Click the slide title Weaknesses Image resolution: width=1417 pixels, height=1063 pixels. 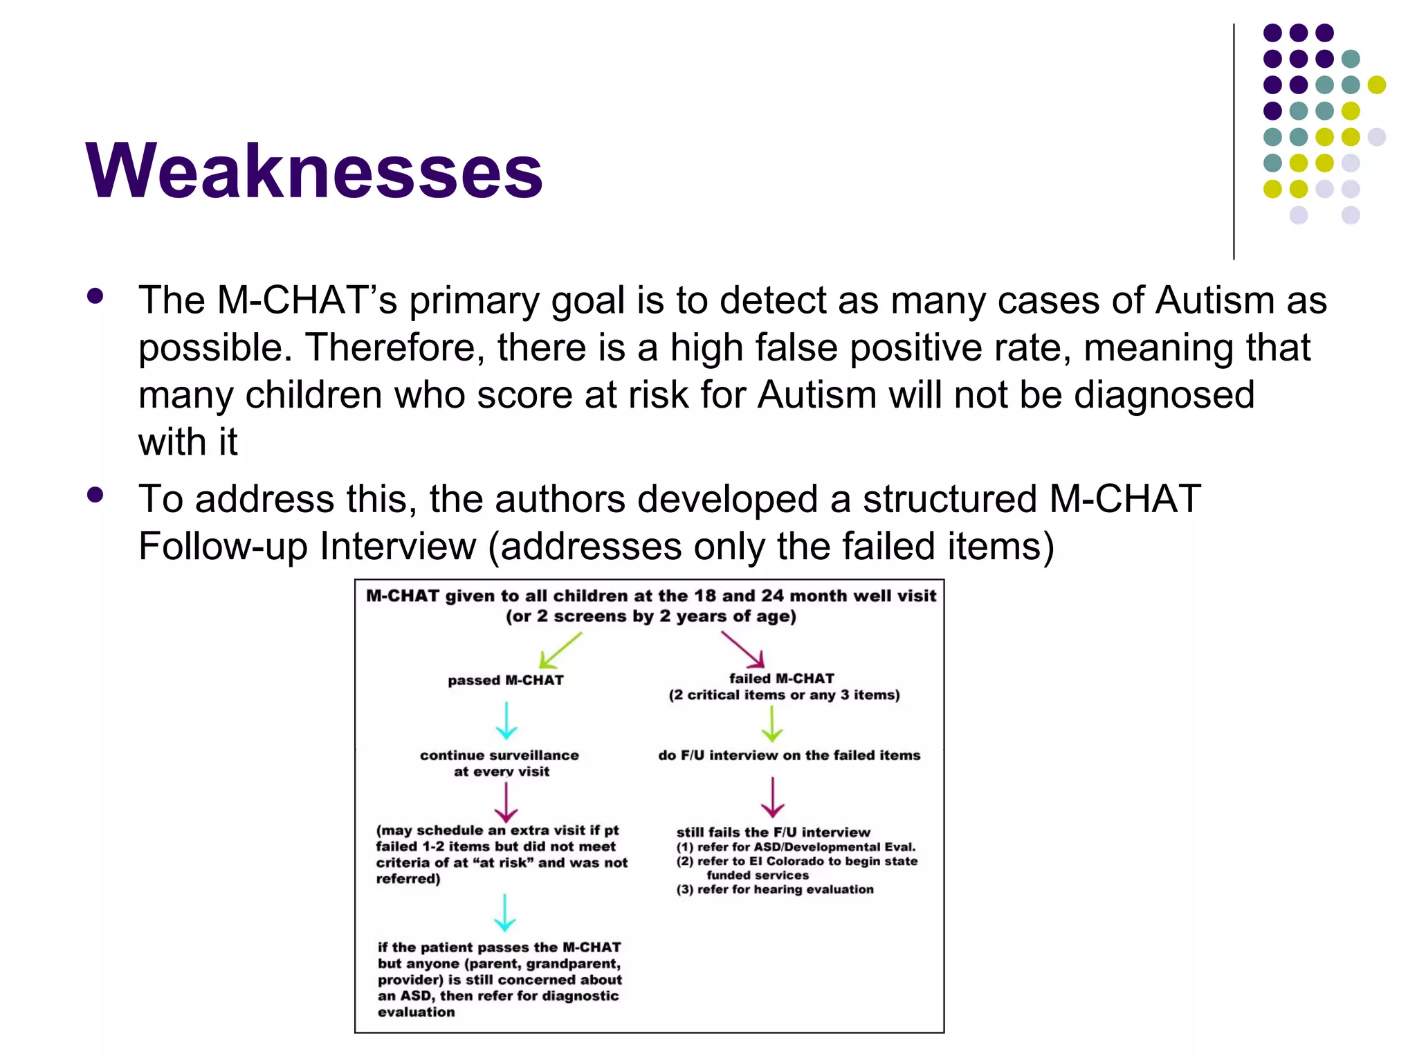tap(314, 171)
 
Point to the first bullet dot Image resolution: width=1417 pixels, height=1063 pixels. tap(95, 297)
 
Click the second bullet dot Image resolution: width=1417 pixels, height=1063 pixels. tap(95, 495)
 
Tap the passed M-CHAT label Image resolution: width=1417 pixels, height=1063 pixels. tap(506, 680)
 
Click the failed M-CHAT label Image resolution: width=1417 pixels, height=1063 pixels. tap(782, 679)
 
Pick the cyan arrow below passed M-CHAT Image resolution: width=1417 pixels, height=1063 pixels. tap(506, 720)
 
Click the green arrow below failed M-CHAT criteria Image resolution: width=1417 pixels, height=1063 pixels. tap(772, 724)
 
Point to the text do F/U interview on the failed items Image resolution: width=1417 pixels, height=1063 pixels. tap(789, 755)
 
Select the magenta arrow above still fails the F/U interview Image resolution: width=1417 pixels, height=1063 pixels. tap(772, 797)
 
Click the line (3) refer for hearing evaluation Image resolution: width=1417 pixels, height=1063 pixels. tap(775, 889)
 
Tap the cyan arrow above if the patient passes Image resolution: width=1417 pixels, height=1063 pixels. tap(505, 912)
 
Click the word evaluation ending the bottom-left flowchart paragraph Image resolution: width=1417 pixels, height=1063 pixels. tap(417, 1012)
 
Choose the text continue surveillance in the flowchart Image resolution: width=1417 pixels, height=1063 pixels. tap(500, 755)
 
